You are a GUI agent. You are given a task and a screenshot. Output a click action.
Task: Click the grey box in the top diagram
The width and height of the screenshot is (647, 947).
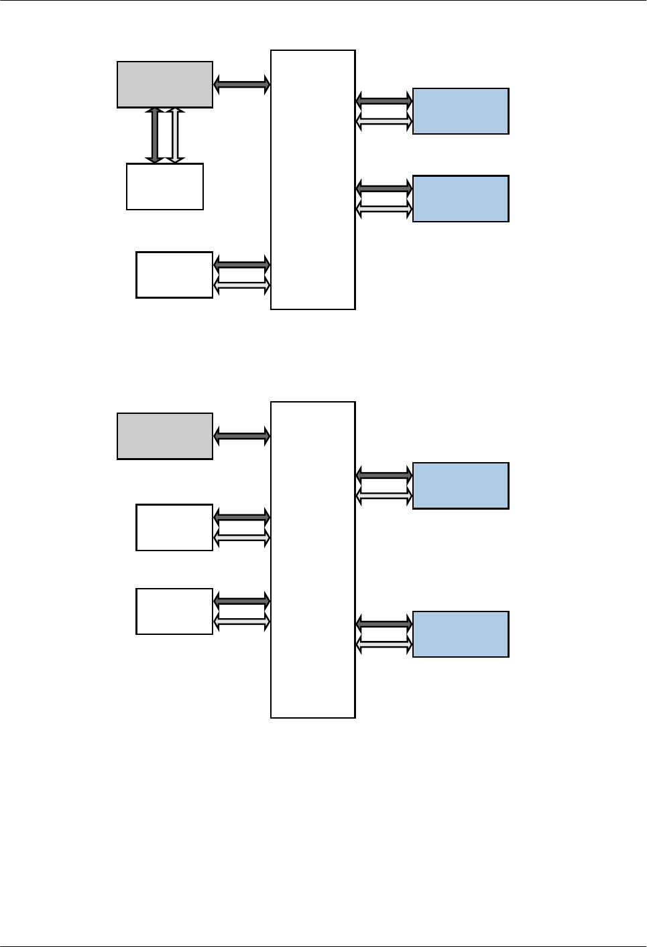point(165,85)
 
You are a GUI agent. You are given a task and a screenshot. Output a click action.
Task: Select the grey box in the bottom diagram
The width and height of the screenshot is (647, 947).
point(165,436)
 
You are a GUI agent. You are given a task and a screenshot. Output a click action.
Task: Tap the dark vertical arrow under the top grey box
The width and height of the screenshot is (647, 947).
point(155,135)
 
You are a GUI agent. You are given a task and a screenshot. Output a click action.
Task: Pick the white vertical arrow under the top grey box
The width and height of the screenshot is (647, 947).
point(175,135)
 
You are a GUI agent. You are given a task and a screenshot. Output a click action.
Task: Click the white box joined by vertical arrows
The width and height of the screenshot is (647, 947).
point(165,187)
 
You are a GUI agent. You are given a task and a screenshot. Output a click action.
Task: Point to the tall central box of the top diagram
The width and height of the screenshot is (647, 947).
point(312,179)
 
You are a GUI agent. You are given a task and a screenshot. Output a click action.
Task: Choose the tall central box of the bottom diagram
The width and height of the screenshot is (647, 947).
point(312,560)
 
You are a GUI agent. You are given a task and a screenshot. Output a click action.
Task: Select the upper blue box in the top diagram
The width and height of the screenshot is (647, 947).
point(461,111)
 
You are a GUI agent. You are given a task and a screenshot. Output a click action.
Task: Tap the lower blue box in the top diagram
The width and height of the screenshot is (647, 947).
point(461,199)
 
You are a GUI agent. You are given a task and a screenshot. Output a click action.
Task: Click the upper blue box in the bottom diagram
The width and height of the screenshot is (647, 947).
point(461,486)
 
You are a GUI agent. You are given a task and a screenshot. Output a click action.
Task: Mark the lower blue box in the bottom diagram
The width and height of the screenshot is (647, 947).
point(461,634)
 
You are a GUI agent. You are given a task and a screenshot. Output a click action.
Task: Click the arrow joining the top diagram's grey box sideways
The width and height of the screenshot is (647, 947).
point(241,84)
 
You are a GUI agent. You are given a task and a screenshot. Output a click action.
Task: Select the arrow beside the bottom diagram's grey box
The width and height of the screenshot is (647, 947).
point(241,436)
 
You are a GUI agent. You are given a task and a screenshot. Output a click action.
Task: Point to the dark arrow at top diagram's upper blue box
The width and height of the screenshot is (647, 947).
point(384,101)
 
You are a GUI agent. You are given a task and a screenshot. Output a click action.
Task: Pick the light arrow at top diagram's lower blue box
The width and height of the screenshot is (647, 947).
point(384,210)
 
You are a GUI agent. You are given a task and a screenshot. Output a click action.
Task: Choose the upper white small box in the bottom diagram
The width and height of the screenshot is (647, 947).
point(174,528)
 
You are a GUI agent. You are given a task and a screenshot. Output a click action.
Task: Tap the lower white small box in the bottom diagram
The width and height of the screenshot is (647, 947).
point(174,611)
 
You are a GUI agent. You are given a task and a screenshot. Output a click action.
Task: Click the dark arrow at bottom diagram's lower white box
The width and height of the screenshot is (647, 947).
point(241,601)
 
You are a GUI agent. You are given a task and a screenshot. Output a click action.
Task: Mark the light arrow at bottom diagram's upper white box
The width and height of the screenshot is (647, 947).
point(241,538)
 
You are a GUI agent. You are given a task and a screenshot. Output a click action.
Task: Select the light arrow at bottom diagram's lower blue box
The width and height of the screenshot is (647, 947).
point(384,645)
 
